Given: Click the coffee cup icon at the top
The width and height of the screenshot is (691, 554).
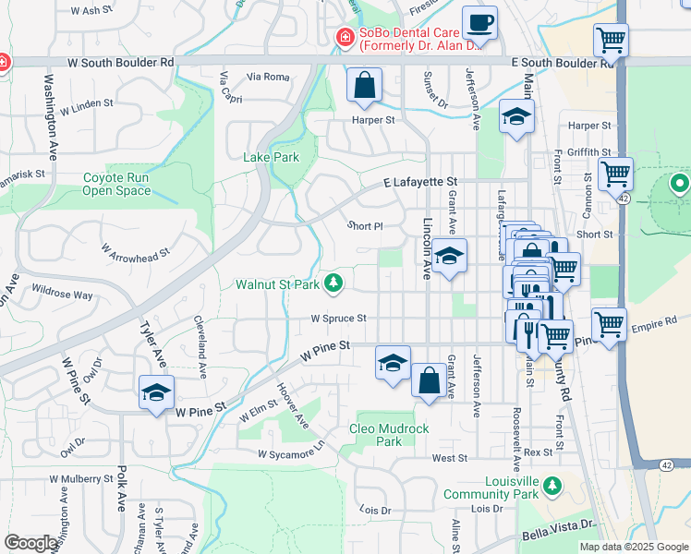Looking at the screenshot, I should pos(479,22).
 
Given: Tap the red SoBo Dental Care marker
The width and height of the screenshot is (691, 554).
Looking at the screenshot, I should pos(344,38).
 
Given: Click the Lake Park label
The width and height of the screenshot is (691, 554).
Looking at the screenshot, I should pos(272,157).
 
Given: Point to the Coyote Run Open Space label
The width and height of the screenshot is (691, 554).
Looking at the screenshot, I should pos(116,184).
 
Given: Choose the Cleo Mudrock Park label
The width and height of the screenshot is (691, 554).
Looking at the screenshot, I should pos(389,435).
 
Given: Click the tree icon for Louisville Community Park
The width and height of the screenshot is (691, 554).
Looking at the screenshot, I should pos(552,484).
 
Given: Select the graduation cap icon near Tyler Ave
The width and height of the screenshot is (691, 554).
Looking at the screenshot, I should pos(156,391).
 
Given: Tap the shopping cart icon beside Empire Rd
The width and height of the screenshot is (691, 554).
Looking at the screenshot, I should pos(609,325).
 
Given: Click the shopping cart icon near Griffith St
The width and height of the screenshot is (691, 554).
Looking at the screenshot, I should pos(614,173).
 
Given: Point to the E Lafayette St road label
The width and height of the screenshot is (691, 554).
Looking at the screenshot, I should pos(421,184).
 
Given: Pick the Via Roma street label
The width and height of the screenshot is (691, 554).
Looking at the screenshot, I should pos(269,77).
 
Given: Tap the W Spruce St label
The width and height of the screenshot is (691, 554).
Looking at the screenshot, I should pos(338,319).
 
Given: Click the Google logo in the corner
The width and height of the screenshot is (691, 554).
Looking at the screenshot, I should pos(31,542).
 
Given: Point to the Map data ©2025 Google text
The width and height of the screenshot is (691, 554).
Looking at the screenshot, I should pos(633,547).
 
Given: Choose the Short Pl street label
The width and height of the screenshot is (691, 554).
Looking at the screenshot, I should pos(364,226).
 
